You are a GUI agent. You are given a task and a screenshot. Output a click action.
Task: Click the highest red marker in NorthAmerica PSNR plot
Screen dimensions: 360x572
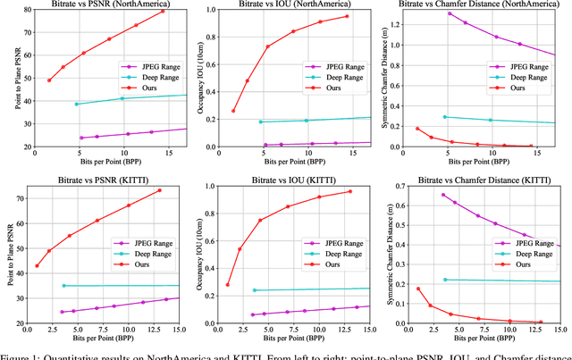click(163, 12)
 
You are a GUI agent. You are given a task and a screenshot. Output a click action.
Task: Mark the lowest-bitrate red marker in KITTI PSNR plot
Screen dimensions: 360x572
click(37, 265)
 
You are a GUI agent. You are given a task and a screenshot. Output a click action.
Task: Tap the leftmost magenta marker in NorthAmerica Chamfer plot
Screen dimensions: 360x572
click(449, 13)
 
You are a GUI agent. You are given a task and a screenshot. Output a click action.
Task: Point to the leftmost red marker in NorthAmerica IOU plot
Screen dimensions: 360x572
click(233, 111)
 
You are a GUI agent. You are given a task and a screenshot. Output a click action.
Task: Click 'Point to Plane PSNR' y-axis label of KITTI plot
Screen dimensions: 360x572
click(9, 255)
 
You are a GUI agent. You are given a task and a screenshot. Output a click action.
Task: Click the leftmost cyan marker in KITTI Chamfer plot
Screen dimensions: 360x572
click(445, 280)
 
